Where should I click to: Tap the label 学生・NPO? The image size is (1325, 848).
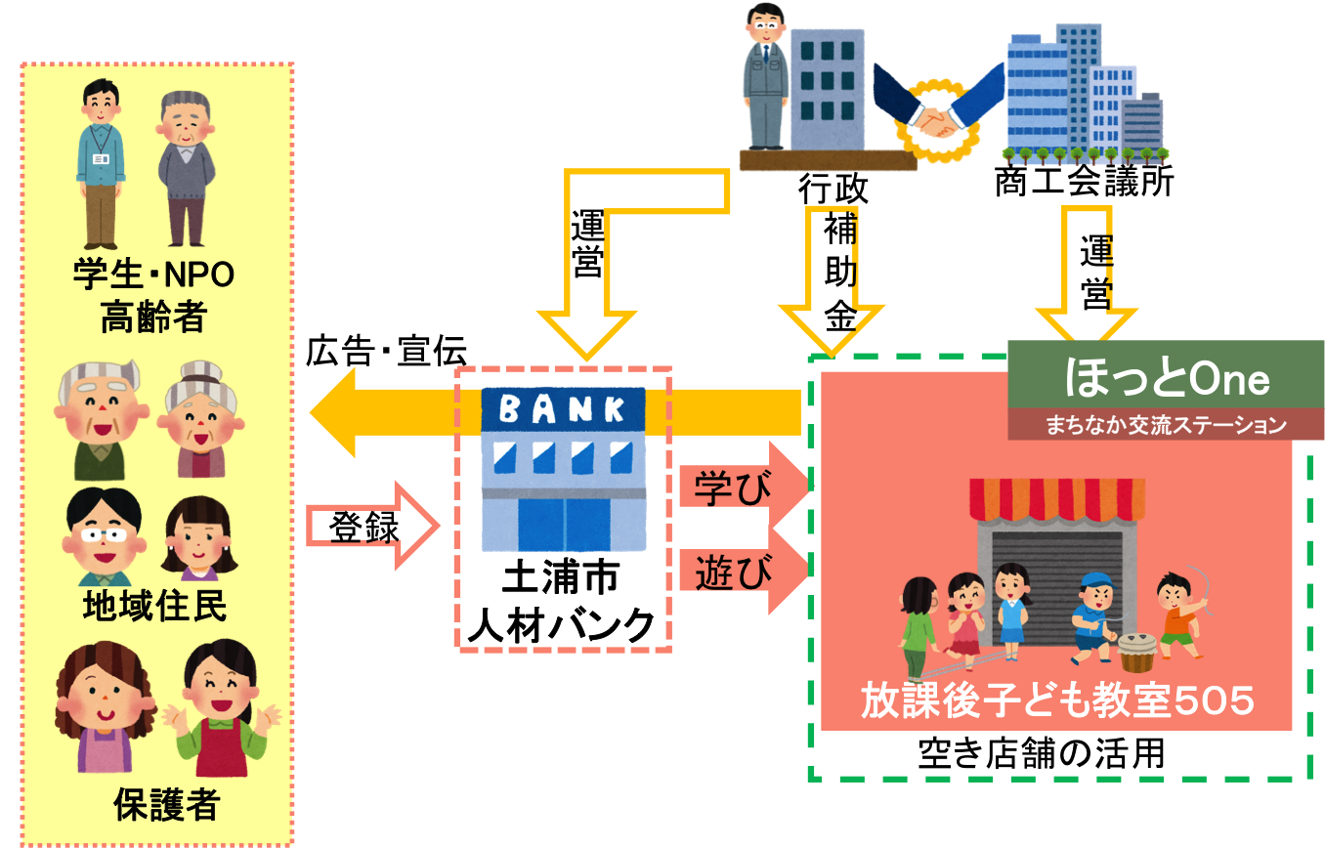click(153, 276)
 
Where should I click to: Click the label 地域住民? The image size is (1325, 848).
click(154, 607)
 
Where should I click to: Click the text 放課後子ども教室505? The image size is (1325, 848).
click(1056, 701)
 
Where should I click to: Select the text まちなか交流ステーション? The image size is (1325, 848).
click(1166, 425)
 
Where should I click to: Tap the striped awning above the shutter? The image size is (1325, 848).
click(1056, 498)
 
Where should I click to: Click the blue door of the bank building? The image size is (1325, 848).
click(564, 526)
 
